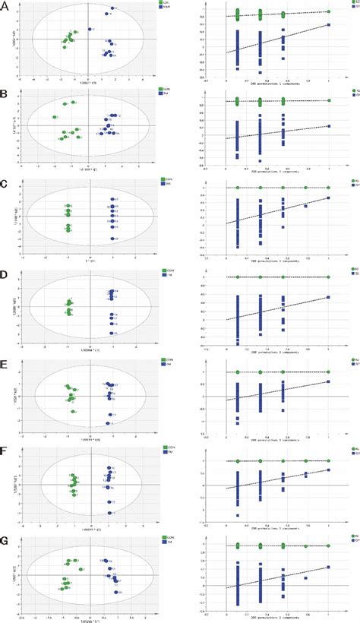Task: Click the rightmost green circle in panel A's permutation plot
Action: [x=329, y=11]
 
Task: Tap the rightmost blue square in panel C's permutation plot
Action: [x=329, y=198]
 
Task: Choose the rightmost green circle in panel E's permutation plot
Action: [x=329, y=371]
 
